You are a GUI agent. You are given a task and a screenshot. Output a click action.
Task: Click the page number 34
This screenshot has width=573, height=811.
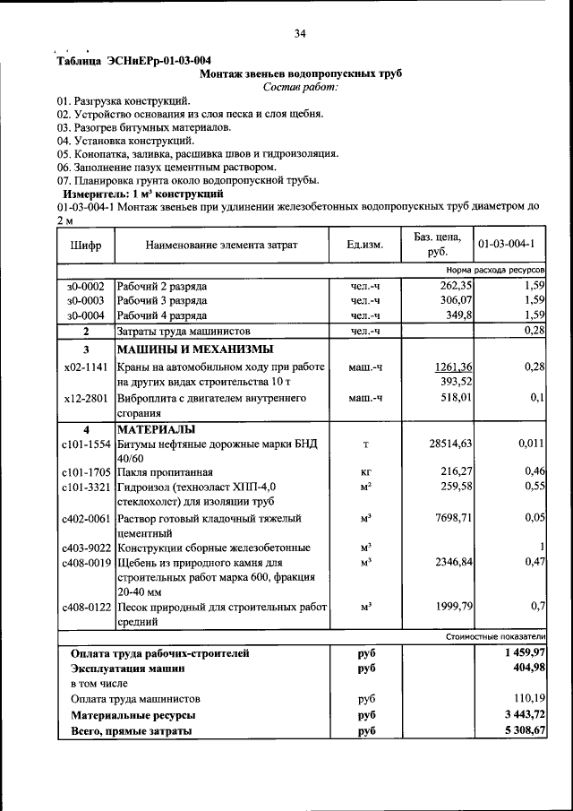click(300, 34)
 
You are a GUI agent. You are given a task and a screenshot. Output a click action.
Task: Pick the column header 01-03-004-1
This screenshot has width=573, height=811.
click(506, 245)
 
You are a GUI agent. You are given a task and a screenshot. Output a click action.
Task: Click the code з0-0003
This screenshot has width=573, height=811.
click(85, 300)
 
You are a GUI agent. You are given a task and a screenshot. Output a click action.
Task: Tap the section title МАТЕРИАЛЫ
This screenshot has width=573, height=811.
click(158, 429)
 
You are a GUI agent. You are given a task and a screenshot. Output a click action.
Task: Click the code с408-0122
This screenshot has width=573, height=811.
click(86, 607)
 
